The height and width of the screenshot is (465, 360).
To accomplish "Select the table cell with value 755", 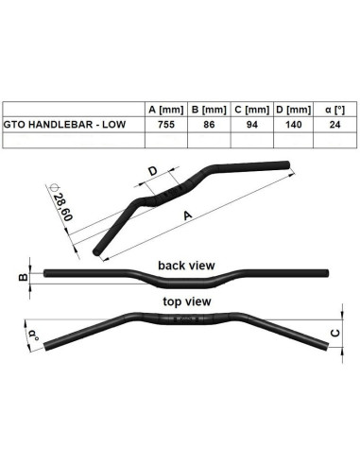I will coord(165,124).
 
